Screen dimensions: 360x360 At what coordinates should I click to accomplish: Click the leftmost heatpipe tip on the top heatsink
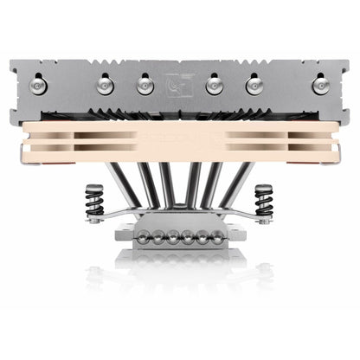[x=39, y=84]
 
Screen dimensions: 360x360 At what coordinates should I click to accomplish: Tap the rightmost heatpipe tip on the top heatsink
[x=321, y=84]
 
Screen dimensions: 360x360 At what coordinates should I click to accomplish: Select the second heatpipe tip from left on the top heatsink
[x=105, y=84]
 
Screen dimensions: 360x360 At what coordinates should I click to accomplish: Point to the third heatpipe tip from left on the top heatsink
[x=144, y=85]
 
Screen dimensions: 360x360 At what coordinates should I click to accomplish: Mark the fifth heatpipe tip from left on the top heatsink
[x=254, y=84]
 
